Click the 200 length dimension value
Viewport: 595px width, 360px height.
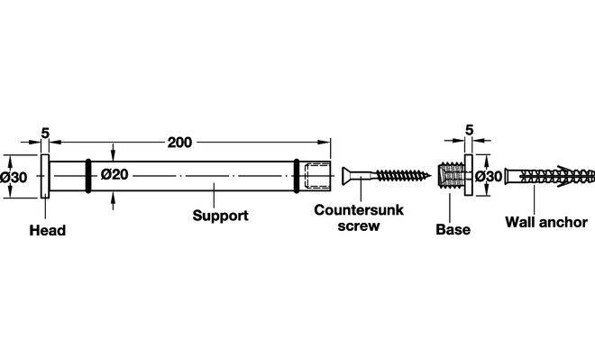click(x=180, y=143)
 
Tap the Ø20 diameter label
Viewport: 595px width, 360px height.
click(x=114, y=175)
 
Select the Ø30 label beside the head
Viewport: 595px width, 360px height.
click(x=14, y=177)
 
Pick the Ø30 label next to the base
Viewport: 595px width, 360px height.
click(x=489, y=176)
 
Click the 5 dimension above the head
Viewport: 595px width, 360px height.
click(x=45, y=134)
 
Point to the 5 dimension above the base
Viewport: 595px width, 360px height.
click(x=470, y=130)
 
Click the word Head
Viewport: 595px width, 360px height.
click(x=48, y=230)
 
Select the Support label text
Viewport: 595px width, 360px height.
click(x=221, y=216)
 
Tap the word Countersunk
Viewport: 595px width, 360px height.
click(x=359, y=210)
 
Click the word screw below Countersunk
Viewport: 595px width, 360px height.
click(x=359, y=226)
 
